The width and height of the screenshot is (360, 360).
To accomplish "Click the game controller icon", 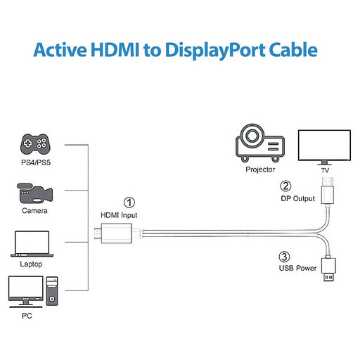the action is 35,144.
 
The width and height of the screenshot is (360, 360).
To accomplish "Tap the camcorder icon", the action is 34,193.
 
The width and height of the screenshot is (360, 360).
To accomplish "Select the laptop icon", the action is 32,244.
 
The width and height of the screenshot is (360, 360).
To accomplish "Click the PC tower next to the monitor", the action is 52,291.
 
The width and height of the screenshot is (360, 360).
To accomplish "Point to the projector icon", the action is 260,143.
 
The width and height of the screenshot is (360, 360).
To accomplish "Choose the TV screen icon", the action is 324,147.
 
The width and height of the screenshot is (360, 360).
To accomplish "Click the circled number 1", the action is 129,202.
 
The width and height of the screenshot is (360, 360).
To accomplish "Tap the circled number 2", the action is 285,186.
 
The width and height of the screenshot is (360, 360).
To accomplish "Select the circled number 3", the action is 284,257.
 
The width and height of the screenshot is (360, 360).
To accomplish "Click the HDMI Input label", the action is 119,215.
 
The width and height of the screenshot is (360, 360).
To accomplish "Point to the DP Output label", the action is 297,198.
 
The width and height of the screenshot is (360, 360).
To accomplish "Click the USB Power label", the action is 297,268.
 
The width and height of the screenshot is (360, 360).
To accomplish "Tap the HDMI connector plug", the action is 113,233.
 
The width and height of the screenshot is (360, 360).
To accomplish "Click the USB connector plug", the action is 328,269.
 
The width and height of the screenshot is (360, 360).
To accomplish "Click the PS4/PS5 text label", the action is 36,162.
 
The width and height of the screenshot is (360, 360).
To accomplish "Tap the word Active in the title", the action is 60,50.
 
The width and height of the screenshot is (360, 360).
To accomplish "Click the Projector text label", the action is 260,169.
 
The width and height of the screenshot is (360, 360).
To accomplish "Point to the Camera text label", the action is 34,211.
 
